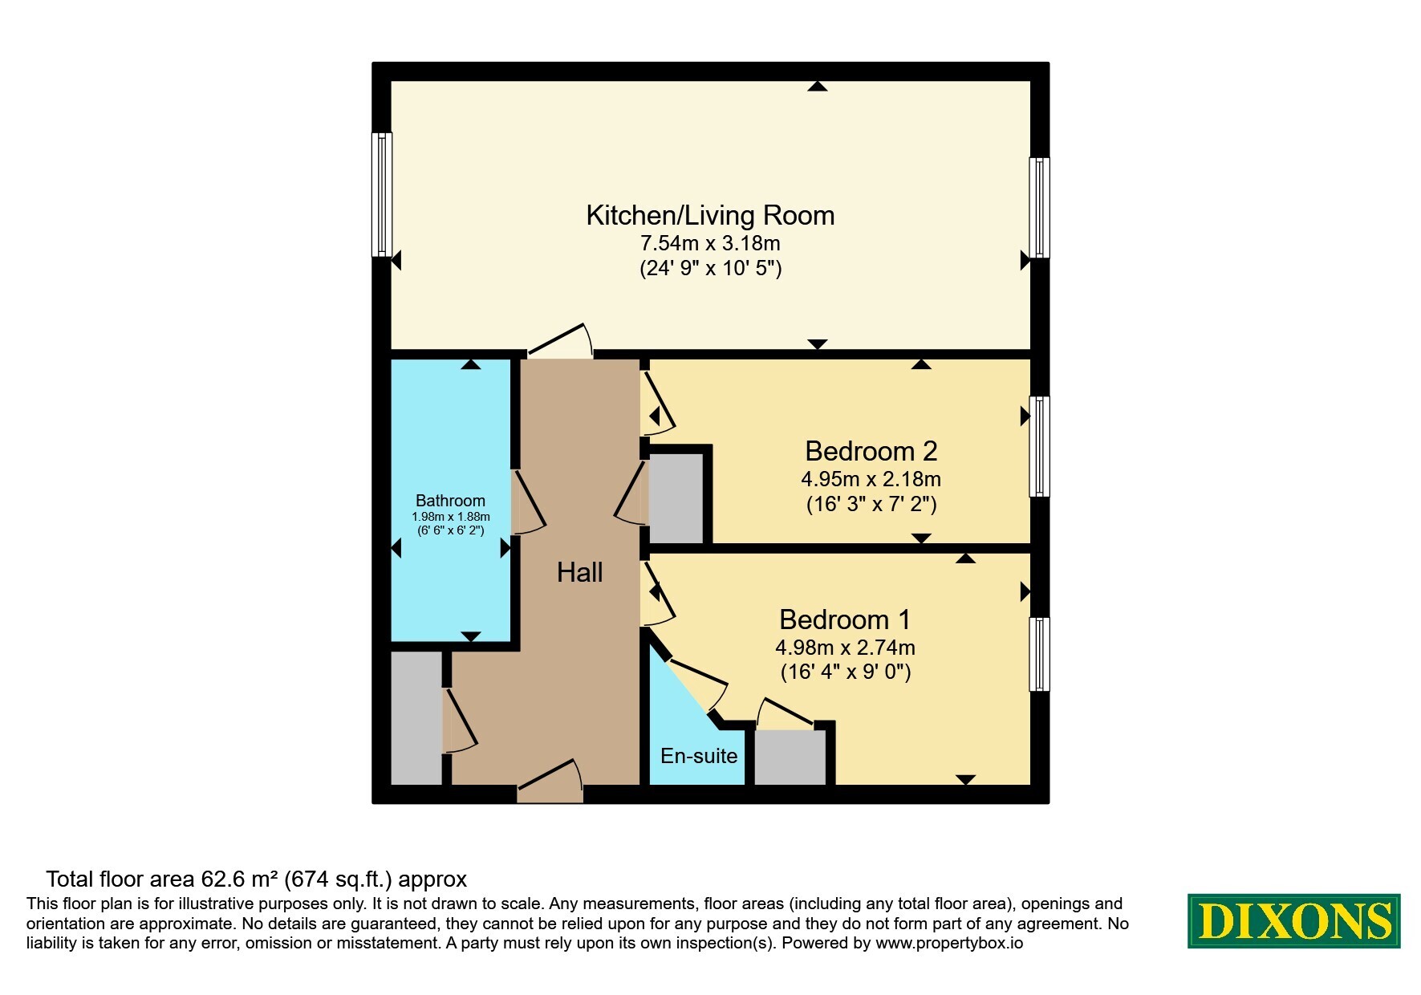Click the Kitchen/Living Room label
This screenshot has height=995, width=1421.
point(710,215)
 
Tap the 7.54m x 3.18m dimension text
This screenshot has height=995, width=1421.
point(710,242)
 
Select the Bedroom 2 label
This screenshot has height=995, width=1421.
point(871,451)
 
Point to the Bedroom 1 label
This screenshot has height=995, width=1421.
point(845,619)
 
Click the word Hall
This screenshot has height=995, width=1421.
point(579,572)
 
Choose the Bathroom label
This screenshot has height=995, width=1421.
point(450,501)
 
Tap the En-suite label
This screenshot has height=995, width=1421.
point(699,755)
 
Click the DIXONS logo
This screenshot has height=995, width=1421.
point(1293,920)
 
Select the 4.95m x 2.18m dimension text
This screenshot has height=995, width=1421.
point(871,479)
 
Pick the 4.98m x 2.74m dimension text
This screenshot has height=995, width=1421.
point(845,647)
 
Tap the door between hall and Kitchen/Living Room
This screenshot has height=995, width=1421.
point(560,341)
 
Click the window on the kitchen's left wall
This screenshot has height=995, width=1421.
point(382,195)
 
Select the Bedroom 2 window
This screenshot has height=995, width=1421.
point(1039,446)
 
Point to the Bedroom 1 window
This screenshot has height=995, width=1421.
point(1039,654)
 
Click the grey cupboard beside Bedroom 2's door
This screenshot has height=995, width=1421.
point(676,497)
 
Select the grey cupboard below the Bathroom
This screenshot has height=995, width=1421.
point(416,717)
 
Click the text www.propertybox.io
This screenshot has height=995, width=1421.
point(949,944)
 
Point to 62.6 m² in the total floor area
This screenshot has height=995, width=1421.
point(239,879)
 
